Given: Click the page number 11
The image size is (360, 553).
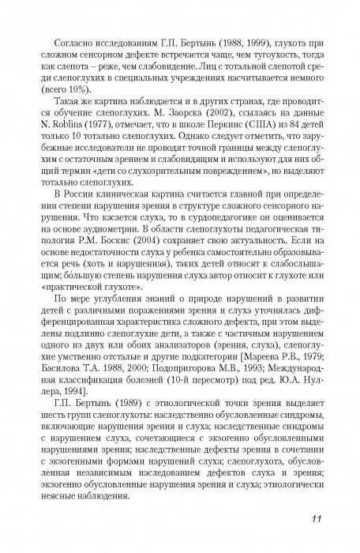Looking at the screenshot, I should coord(311,518).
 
